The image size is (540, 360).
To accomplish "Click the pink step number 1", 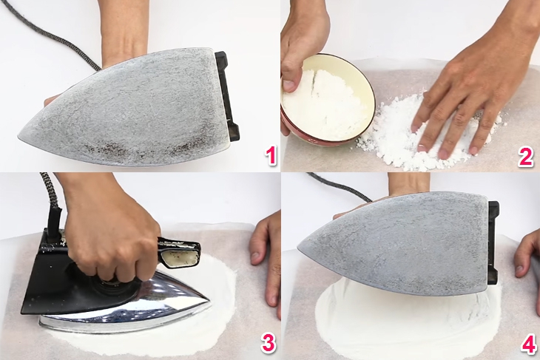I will point(270,157).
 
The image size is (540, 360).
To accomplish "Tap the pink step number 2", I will point(526,157).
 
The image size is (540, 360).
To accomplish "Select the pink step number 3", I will point(269,342).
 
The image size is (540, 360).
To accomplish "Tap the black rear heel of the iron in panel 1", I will point(228,96).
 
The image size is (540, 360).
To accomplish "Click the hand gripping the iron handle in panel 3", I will point(111,237).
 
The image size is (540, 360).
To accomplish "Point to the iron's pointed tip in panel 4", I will point(303,248).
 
